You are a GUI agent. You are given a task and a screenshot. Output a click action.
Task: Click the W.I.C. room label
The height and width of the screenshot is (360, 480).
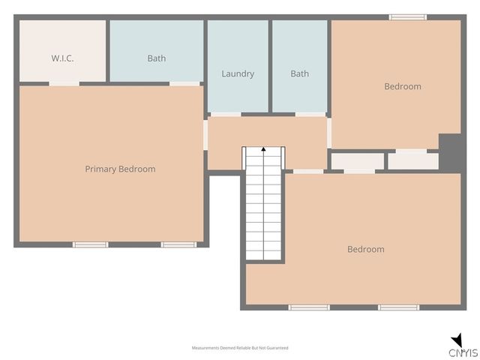(62, 58)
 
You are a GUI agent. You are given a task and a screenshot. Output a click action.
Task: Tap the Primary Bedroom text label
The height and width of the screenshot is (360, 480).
(120, 169)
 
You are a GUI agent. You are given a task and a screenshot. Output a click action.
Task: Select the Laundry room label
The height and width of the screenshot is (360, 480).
(238, 73)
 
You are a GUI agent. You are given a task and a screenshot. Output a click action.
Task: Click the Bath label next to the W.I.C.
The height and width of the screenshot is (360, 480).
(157, 58)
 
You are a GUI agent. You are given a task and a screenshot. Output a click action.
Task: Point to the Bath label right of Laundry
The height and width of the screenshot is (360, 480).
(299, 73)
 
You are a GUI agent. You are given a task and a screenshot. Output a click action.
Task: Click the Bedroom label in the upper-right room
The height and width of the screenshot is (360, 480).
(403, 86)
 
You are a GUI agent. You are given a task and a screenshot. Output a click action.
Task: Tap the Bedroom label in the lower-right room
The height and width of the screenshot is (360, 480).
(366, 249)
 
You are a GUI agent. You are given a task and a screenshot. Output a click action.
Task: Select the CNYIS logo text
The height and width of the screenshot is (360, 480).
(463, 352)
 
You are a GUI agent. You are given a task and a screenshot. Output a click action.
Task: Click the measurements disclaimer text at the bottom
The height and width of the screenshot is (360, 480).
(240, 348)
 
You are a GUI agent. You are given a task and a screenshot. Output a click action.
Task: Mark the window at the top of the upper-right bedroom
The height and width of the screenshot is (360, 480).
(408, 17)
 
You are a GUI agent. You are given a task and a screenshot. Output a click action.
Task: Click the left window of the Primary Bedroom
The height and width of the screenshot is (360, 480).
(91, 244)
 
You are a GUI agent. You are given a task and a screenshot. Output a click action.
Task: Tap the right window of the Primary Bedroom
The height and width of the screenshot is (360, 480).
(179, 244)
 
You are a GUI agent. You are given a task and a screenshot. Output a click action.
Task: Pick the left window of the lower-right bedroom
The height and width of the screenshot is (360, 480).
(309, 307)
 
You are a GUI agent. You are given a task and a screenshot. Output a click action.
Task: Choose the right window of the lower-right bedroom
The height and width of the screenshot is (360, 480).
(398, 307)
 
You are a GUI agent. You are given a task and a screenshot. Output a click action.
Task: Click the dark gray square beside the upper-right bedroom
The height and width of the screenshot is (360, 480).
(450, 152)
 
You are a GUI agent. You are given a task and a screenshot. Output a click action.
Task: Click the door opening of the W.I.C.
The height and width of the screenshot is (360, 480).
(64, 83)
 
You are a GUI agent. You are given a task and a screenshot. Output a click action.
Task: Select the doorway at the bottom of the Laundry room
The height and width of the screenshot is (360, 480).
(226, 114)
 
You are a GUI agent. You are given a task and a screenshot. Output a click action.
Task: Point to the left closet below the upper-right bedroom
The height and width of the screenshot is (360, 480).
(357, 161)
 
